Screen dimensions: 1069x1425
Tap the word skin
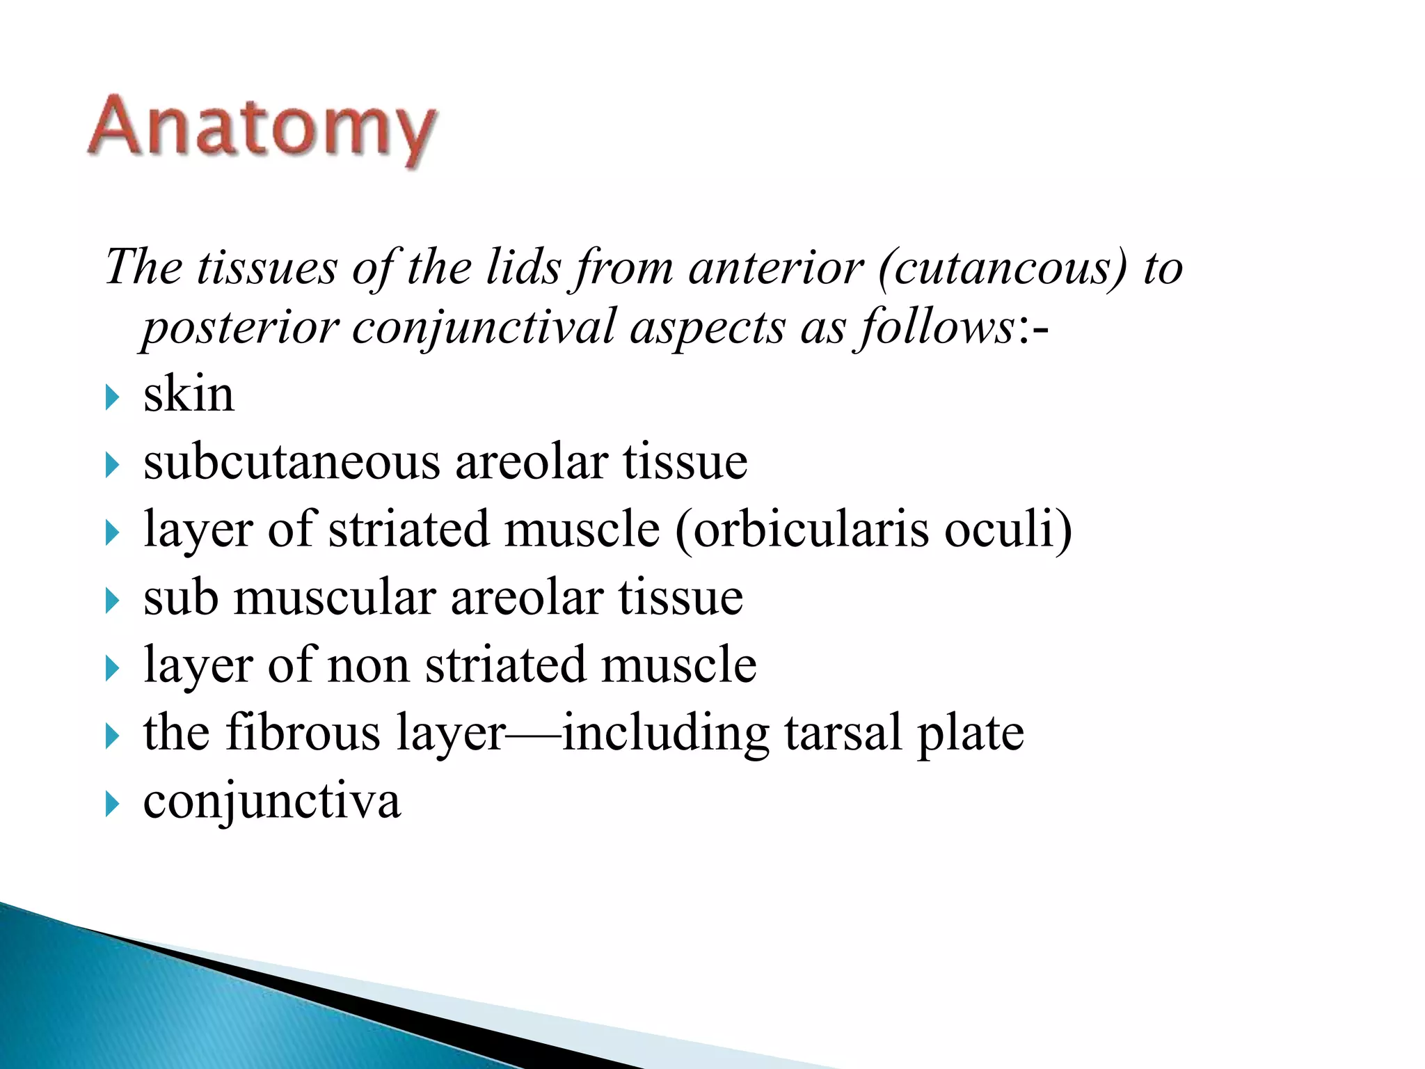(189, 395)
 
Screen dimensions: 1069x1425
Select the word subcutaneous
(292, 462)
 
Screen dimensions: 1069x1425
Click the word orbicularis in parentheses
(811, 530)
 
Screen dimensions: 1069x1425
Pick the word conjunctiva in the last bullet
(272, 801)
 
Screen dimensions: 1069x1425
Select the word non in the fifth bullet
(368, 665)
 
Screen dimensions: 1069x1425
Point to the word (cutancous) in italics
(1002, 269)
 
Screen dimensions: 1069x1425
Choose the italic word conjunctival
(484, 327)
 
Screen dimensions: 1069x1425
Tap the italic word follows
(936, 327)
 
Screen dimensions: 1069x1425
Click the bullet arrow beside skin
(112, 399)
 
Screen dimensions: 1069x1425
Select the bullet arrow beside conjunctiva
(112, 805)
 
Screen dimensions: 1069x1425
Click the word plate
(971, 734)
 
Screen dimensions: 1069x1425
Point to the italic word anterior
(775, 269)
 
